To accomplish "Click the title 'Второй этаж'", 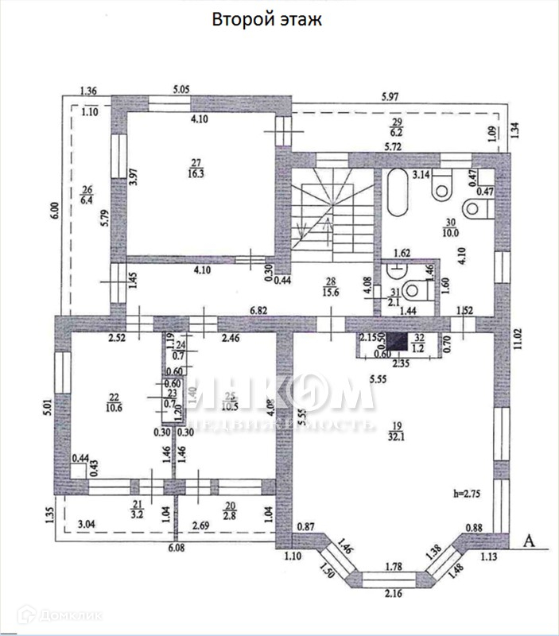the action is click(266, 21).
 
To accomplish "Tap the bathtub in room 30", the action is click(398, 192).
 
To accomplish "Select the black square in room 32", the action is click(413, 343).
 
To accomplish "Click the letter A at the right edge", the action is click(529, 541).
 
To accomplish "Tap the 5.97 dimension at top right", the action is click(390, 98).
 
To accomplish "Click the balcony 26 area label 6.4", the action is click(87, 200).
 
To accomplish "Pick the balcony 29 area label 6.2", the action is click(396, 132).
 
